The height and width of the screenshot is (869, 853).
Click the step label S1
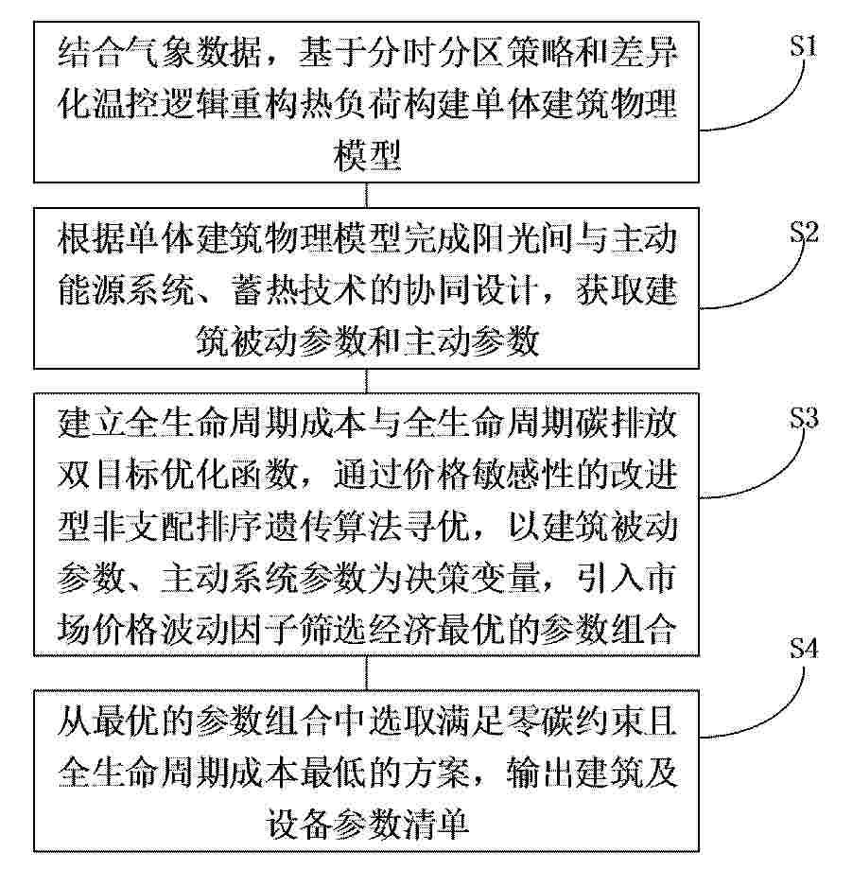[x=803, y=45]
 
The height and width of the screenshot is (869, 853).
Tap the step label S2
[x=804, y=233]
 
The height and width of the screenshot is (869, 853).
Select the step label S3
[x=804, y=419]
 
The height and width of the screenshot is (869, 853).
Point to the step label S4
[x=804, y=648]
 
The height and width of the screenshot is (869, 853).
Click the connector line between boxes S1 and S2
[x=366, y=195]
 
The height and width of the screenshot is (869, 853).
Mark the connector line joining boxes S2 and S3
[x=366, y=381]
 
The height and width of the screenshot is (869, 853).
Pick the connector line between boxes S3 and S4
[x=366, y=673]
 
